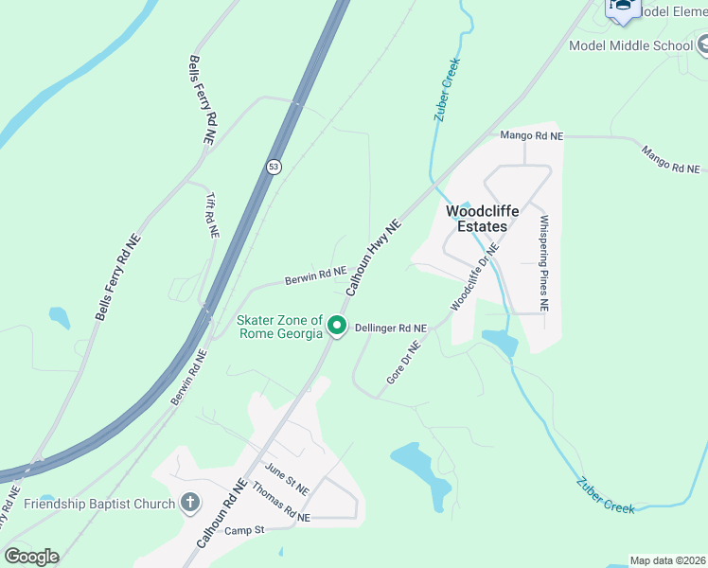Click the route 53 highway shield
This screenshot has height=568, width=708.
click(x=274, y=167)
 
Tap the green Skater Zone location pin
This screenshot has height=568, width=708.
click(x=336, y=327)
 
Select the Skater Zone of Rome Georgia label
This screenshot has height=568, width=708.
click(x=279, y=328)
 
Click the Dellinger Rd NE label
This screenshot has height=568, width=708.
click(x=391, y=328)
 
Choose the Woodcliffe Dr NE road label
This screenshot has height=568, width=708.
click(x=474, y=275)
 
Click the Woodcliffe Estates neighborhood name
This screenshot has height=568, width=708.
click(x=476, y=219)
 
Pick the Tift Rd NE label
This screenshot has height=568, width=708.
click(x=212, y=215)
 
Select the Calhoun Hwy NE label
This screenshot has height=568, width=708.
click(x=374, y=257)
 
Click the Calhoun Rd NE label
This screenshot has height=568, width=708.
click(x=221, y=514)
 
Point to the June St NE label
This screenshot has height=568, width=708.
click(x=287, y=480)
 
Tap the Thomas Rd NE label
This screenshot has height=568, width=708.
click(x=280, y=503)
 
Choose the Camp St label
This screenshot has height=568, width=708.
click(x=243, y=531)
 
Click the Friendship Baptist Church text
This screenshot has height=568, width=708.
click(x=99, y=504)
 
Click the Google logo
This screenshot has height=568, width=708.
click(x=31, y=557)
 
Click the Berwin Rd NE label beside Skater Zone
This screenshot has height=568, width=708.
click(x=316, y=275)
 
